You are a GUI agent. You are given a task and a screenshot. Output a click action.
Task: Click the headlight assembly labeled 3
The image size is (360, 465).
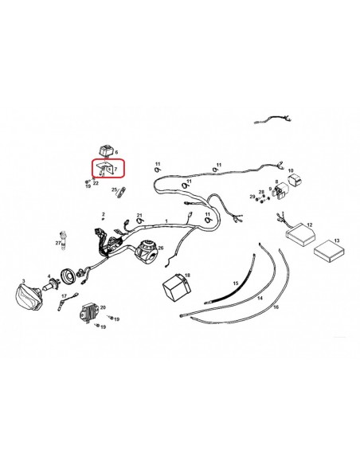[x=29, y=297]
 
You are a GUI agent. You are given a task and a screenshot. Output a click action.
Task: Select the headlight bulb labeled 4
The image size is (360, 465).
[x=52, y=286]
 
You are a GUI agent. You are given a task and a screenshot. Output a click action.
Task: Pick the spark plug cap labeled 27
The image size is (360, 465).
[x=63, y=240]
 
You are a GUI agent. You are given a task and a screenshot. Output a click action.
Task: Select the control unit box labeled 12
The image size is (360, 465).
[x=299, y=235]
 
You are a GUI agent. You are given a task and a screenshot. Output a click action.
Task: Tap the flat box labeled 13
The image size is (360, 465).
[x=329, y=251]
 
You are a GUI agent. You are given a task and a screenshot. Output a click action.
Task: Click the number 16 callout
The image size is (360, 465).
[x=276, y=307]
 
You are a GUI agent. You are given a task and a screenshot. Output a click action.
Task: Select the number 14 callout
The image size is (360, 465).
[x=260, y=298]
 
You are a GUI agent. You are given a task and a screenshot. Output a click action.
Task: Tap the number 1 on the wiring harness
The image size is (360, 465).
[x=166, y=221]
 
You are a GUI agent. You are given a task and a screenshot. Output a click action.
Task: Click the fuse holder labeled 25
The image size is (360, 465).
[x=121, y=192]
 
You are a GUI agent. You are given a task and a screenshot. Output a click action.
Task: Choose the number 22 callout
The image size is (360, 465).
[x=96, y=183]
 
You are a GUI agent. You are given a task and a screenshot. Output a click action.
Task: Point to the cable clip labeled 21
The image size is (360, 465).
[x=139, y=221]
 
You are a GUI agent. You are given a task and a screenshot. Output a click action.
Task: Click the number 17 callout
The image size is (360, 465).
[x=64, y=296]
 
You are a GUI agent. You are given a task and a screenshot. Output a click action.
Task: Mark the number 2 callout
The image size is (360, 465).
[x=104, y=214]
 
